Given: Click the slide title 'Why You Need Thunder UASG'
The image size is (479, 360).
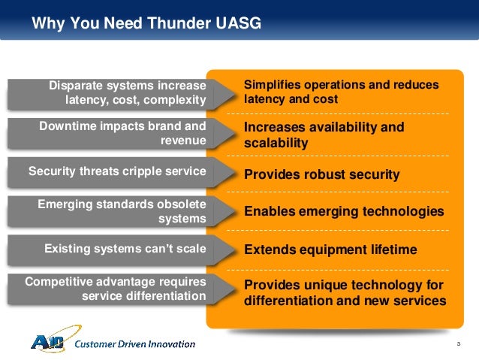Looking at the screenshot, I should (x=146, y=24).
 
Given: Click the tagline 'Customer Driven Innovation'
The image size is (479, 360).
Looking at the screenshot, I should (x=135, y=344).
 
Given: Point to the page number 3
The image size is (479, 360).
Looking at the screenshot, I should (x=456, y=344).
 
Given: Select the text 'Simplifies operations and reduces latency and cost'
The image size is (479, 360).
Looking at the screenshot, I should (x=341, y=92).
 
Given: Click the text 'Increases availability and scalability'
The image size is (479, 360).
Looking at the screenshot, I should (x=324, y=135).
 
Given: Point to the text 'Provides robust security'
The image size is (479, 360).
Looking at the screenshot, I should (x=321, y=174).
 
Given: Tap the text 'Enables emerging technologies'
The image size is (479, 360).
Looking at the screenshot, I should (x=344, y=212).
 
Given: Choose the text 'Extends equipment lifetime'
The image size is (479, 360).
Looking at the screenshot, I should (x=330, y=249).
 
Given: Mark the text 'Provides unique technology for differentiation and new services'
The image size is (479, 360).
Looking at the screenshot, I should (x=345, y=292).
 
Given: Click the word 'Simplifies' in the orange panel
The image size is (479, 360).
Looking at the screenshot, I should (x=271, y=86).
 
